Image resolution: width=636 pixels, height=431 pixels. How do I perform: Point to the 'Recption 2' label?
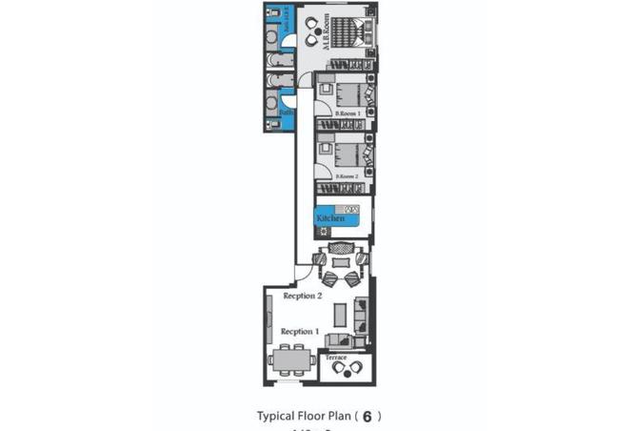[303, 297]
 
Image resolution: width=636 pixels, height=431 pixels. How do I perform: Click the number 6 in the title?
[368, 417]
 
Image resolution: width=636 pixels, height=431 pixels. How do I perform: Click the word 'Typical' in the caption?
[277, 417]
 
